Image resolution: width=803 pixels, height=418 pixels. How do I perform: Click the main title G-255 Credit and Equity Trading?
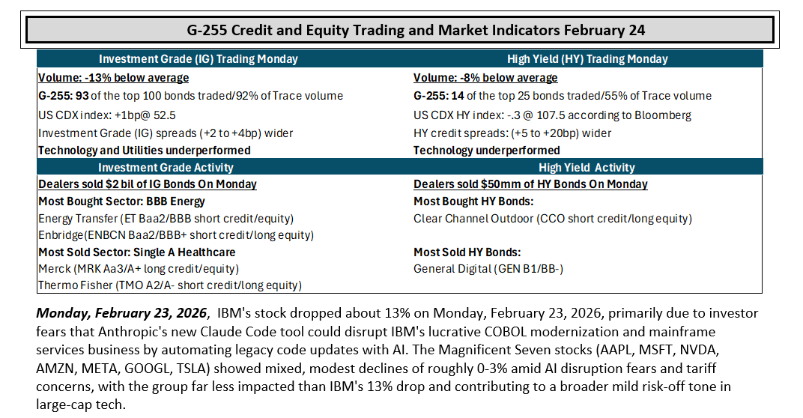(415, 30)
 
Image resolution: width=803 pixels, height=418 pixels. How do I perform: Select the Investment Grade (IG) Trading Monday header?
(199, 59)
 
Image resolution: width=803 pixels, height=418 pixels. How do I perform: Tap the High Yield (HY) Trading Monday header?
(587, 59)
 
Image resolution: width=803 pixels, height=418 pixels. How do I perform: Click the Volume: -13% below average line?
(114, 78)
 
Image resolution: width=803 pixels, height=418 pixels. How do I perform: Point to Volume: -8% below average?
(485, 78)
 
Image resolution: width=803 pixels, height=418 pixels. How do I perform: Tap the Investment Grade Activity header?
(166, 168)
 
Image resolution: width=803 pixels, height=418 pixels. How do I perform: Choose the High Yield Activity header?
(587, 168)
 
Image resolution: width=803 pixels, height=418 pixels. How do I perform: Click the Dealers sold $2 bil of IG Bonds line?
(148, 184)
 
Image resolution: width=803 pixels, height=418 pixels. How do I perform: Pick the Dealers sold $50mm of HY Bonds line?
(530, 184)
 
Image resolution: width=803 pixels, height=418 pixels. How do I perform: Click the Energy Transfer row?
(166, 219)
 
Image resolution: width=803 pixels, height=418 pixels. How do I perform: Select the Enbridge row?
(176, 235)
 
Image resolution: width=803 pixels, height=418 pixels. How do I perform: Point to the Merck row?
(139, 269)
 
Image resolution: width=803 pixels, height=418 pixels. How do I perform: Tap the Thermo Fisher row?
(170, 285)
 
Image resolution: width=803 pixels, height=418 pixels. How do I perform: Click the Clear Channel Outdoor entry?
(553, 219)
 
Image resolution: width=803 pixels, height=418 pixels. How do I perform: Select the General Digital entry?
(488, 269)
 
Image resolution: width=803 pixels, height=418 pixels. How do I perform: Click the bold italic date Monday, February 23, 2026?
(121, 313)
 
